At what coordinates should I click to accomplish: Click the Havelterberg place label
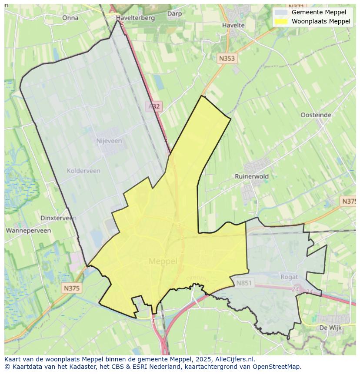pyautogui.click(x=136, y=18)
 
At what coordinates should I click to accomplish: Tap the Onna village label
pyautogui.click(x=70, y=18)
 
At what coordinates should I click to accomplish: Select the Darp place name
pyautogui.click(x=174, y=14)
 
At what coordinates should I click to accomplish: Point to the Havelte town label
pyautogui.click(x=233, y=25)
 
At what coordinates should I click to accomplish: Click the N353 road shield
pyautogui.click(x=227, y=59)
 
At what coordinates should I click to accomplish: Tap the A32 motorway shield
pyautogui.click(x=153, y=106)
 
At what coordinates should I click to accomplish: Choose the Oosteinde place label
pyautogui.click(x=316, y=115)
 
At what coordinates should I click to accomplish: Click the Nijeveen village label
pyautogui.click(x=109, y=141)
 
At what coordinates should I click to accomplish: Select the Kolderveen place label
pyautogui.click(x=83, y=171)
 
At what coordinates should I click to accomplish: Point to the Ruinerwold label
pyautogui.click(x=252, y=176)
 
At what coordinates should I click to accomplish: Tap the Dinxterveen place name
pyautogui.click(x=58, y=218)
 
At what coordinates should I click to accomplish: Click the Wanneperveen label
pyautogui.click(x=29, y=231)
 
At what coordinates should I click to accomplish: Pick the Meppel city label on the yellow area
pyautogui.click(x=163, y=261)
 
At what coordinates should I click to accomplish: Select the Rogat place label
pyautogui.click(x=289, y=277)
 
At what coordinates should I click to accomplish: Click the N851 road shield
pyautogui.click(x=244, y=283)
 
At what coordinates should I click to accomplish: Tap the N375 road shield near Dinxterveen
pyautogui.click(x=71, y=288)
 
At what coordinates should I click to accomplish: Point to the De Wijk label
pyautogui.click(x=329, y=328)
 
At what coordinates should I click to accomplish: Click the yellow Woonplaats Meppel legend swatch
pyautogui.click(x=281, y=21)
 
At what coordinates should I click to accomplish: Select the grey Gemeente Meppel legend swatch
pyautogui.click(x=281, y=13)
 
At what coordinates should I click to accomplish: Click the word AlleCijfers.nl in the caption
pyautogui.click(x=235, y=359)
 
